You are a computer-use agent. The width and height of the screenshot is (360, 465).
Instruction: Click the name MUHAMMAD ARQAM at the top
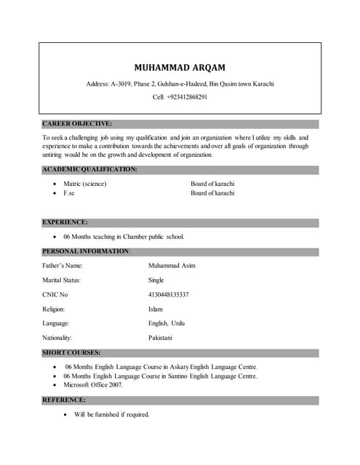click(x=180, y=68)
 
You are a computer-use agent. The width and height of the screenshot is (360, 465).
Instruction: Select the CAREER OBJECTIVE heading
click(x=77, y=124)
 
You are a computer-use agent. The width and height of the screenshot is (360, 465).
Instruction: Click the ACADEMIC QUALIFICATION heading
click(x=89, y=169)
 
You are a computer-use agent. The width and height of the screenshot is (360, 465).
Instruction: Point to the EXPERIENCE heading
click(x=65, y=222)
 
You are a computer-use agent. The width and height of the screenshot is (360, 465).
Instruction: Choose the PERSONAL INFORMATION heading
click(x=86, y=251)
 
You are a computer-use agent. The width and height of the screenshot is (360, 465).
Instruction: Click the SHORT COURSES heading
click(x=71, y=353)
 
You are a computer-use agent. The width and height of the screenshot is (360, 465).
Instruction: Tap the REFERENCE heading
click(x=64, y=400)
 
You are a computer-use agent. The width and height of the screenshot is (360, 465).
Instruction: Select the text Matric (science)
click(x=85, y=184)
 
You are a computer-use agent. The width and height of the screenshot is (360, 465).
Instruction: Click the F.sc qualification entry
click(x=69, y=193)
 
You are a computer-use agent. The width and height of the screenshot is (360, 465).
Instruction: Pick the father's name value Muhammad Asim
click(x=172, y=265)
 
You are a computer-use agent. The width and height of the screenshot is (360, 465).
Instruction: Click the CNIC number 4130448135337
click(x=169, y=294)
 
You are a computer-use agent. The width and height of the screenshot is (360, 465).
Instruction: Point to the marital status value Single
click(x=156, y=280)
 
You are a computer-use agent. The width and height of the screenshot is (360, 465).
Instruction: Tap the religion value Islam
click(x=156, y=309)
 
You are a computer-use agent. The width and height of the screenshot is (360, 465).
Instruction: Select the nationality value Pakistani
click(x=161, y=338)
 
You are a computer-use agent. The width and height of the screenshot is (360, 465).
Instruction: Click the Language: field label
click(x=56, y=323)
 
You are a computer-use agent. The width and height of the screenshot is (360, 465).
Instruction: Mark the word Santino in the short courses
click(x=184, y=376)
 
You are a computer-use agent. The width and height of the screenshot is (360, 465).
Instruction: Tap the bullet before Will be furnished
click(x=66, y=414)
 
